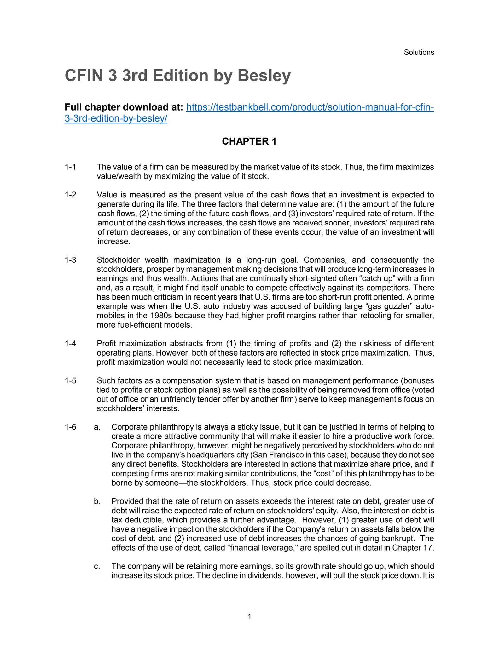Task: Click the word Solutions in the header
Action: (x=419, y=52)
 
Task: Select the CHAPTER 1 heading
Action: (x=249, y=141)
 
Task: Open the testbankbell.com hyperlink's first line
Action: (x=310, y=107)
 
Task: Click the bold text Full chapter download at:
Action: (x=124, y=107)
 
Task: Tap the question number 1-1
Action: (x=70, y=167)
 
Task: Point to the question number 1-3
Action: (x=70, y=260)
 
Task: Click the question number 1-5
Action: (x=70, y=381)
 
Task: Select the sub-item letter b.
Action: (x=97, y=501)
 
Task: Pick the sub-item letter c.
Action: (x=97, y=567)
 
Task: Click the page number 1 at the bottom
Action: (x=249, y=617)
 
